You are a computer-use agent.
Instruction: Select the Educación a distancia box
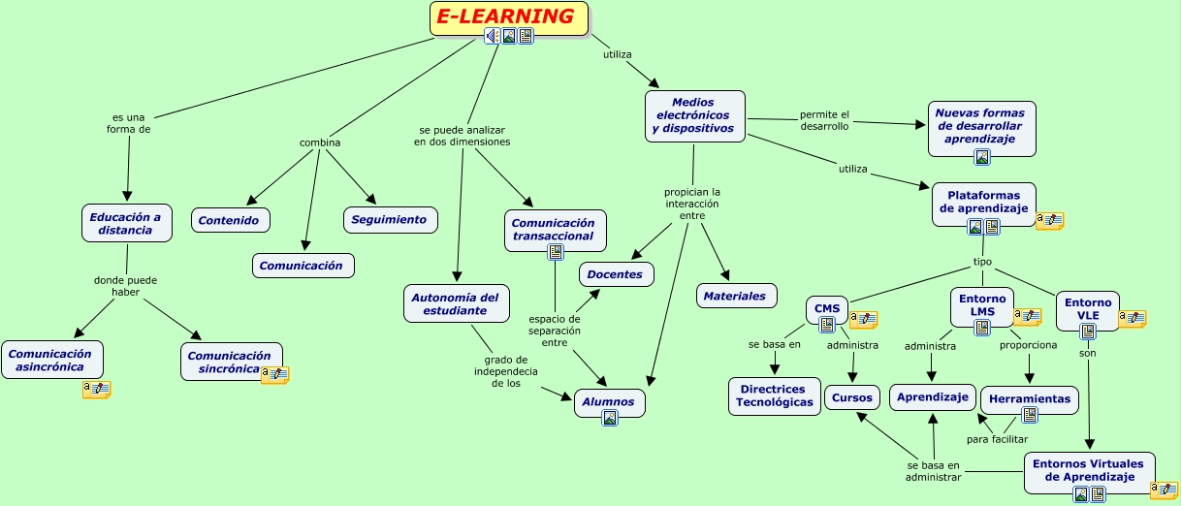pos(126,223)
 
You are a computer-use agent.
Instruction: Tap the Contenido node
pos(230,220)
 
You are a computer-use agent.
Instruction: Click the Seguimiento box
pos(389,219)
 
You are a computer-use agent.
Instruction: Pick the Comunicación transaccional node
pos(555,229)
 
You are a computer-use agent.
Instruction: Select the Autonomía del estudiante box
pos(456,303)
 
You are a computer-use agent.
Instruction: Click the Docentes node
pos(616,274)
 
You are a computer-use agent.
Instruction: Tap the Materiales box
pos(735,296)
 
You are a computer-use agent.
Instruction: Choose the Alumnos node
pos(609,401)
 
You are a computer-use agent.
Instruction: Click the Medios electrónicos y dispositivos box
pos(694,115)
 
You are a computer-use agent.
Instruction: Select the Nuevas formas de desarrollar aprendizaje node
pos(980,126)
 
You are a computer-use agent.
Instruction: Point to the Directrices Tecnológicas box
pos(775,395)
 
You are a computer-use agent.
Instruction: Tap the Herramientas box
pos(1030,398)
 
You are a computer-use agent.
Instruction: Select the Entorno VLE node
pos(1087,308)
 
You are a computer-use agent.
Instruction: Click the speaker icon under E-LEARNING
pos(493,36)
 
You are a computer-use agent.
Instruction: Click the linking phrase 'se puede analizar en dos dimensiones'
pos(462,136)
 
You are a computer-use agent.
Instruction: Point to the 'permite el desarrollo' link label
pos(824,120)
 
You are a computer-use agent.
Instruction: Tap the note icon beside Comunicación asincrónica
pos(97,390)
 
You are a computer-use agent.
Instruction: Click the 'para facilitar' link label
pos(997,439)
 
